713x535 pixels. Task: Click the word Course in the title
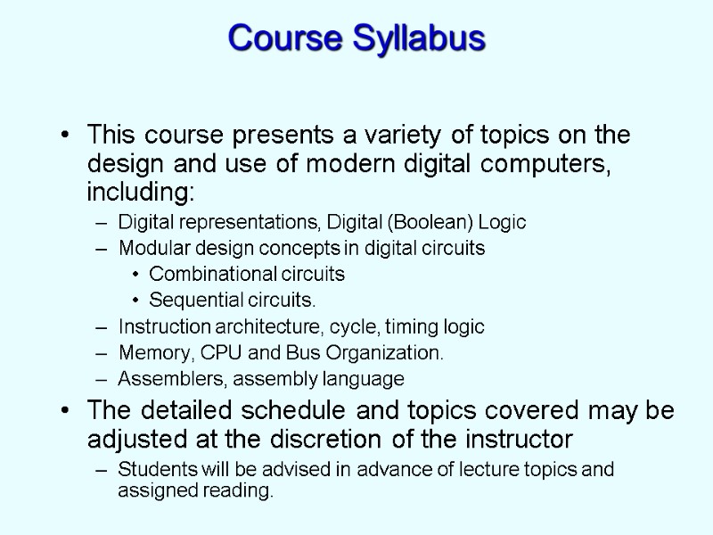(x=284, y=38)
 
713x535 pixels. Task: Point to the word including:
(x=140, y=193)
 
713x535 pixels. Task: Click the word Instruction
(x=163, y=326)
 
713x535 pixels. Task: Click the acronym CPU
(x=211, y=353)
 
